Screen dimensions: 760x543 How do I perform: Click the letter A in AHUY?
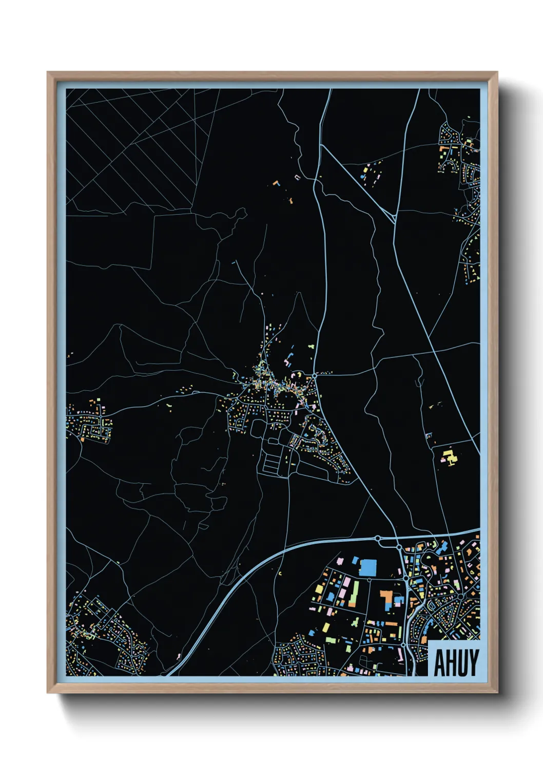pos(439,663)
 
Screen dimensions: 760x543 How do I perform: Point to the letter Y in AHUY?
pos(473,663)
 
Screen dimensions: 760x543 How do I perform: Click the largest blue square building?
pos(367,567)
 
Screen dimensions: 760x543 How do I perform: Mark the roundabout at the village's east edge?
pos(314,376)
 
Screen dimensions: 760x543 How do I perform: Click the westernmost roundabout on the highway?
pos(378,539)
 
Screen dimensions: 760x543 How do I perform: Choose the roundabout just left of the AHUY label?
pos(404,645)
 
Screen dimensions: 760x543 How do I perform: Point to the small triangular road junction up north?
pos(393,219)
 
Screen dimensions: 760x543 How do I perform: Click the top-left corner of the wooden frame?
pos(48,72)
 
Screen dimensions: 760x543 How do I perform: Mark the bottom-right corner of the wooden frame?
pos(497,693)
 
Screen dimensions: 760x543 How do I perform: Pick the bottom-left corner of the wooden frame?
pos(48,693)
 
